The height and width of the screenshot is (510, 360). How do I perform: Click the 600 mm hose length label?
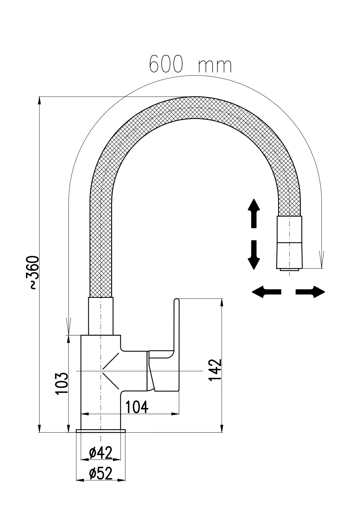(190, 64)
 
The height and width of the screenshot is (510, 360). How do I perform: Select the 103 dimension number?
(62, 383)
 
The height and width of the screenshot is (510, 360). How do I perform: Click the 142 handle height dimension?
(215, 370)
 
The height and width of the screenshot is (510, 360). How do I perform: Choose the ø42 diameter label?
(101, 453)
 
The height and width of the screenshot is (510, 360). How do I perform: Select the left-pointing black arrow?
(266, 291)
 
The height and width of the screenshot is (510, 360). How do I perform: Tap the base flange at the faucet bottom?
(100, 431)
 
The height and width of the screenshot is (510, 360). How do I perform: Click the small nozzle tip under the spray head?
(289, 269)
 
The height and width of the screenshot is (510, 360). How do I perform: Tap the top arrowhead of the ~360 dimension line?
(39, 101)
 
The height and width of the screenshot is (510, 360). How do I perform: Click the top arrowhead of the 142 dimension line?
(222, 302)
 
